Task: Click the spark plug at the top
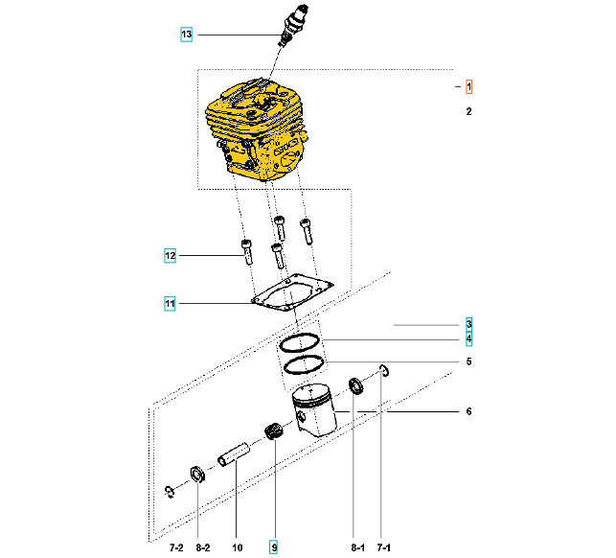coord(294,25)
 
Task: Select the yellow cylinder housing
coord(256,129)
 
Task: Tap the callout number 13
coord(186,35)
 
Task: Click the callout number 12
coord(170,256)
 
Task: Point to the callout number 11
coord(170,304)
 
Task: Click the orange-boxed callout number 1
coord(468,86)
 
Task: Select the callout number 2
coord(468,111)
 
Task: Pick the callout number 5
coord(468,361)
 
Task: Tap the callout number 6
coord(468,411)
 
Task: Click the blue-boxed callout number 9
coord(273,547)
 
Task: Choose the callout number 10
coord(238,547)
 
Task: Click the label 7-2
coord(176,547)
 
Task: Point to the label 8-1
coord(358,547)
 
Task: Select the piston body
coord(314,410)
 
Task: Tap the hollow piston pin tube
coord(234,454)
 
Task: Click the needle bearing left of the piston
coord(273,431)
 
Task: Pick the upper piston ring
coord(299,343)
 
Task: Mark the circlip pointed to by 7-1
coord(384,370)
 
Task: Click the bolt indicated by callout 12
coord(247,251)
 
